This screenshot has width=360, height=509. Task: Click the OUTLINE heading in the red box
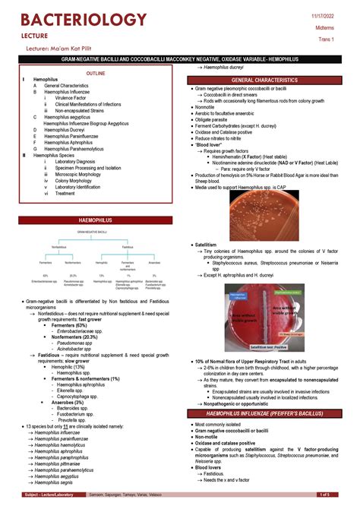[x=96, y=73]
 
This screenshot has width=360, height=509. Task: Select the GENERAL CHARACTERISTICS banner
[x=265, y=80]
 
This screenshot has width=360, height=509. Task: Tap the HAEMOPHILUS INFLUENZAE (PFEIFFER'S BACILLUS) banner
[x=265, y=413]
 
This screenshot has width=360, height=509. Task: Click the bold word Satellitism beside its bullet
[x=207, y=245]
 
